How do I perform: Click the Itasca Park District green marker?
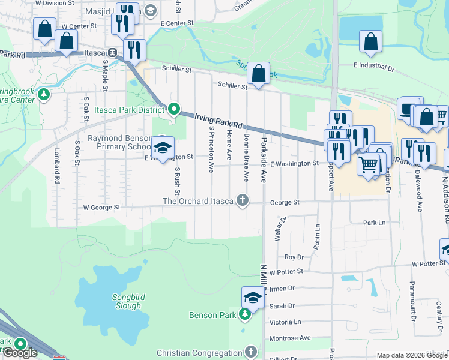pos(174,109)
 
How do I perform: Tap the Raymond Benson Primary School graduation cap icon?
pos(162,148)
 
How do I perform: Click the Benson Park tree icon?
pos(245,314)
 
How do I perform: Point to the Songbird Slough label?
pos(127,301)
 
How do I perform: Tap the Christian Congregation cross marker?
pos(251,352)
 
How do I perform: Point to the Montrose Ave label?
pos(290,338)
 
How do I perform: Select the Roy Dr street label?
pos(294,257)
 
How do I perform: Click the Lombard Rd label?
pos(57,166)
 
